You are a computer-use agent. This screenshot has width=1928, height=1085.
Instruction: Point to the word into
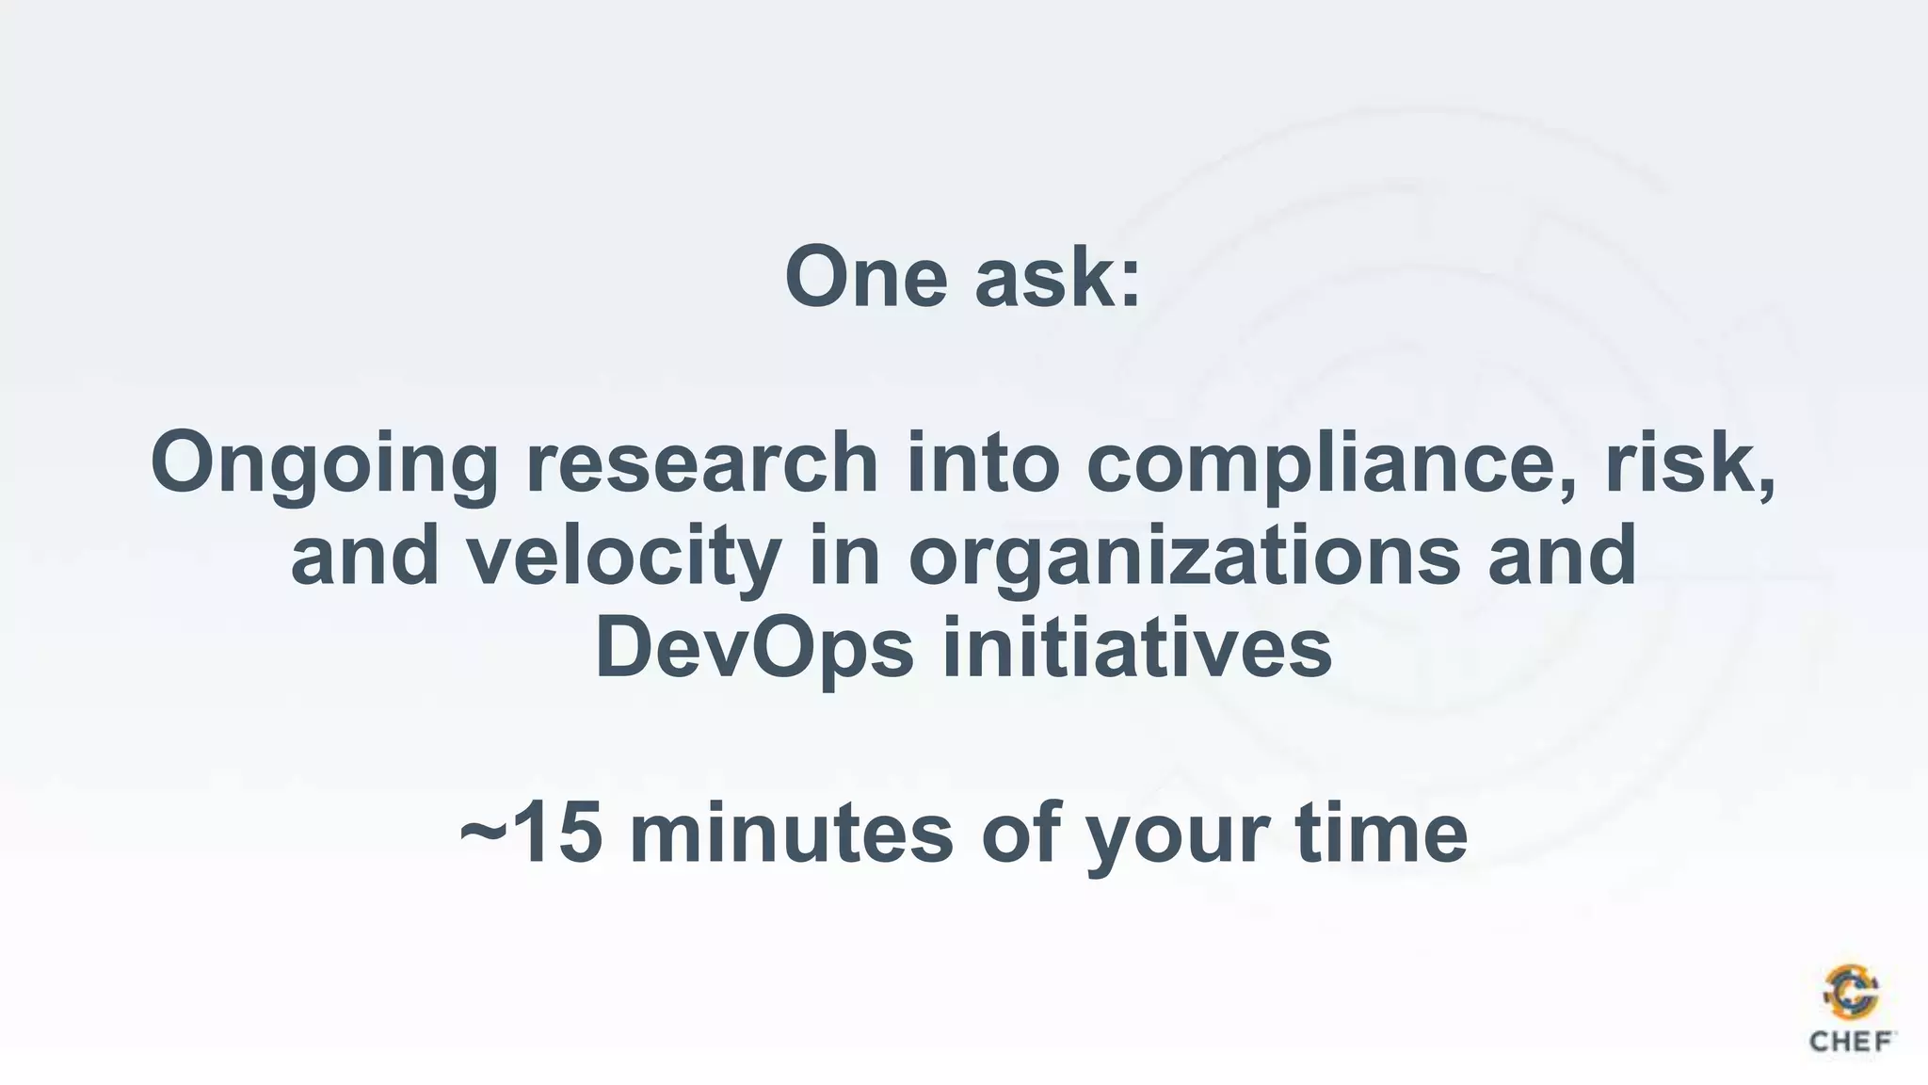(x=983, y=462)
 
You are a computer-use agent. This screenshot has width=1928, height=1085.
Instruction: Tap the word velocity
(x=623, y=556)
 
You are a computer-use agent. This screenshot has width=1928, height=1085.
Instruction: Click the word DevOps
(x=754, y=649)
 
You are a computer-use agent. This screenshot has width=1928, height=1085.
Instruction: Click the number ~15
(x=530, y=834)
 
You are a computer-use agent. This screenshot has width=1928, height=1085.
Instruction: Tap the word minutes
(x=791, y=834)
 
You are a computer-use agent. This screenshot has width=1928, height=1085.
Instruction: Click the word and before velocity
(x=364, y=556)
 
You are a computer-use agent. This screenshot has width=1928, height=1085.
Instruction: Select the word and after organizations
(x=1562, y=556)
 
